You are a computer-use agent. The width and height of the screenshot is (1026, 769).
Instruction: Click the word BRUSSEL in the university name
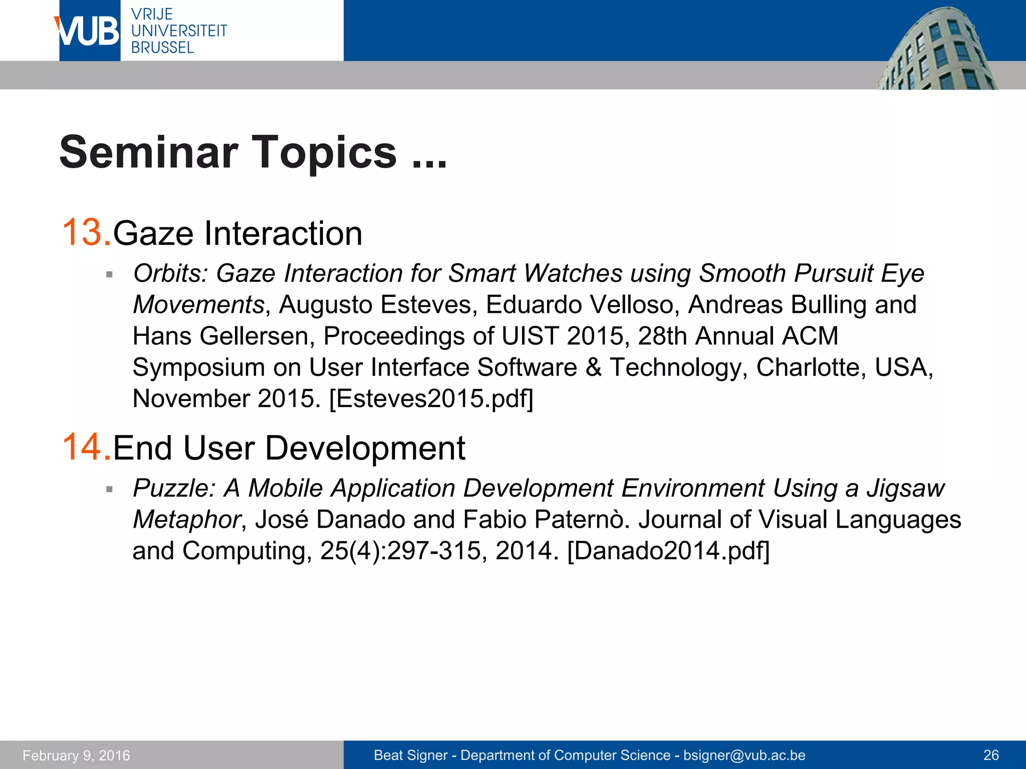[x=162, y=48]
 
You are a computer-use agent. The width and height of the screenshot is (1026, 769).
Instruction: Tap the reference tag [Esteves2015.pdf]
[x=431, y=399]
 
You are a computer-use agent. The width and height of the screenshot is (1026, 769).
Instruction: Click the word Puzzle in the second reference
[x=173, y=488]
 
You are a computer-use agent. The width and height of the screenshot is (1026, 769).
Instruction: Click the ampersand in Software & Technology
[x=593, y=367]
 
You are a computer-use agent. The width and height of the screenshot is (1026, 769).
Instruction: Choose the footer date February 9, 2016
[x=76, y=755]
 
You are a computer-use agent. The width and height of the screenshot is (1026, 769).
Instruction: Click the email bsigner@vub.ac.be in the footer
[x=744, y=755]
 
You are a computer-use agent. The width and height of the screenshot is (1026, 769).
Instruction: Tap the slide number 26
[x=991, y=755]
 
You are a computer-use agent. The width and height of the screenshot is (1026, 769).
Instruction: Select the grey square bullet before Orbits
[x=109, y=275]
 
